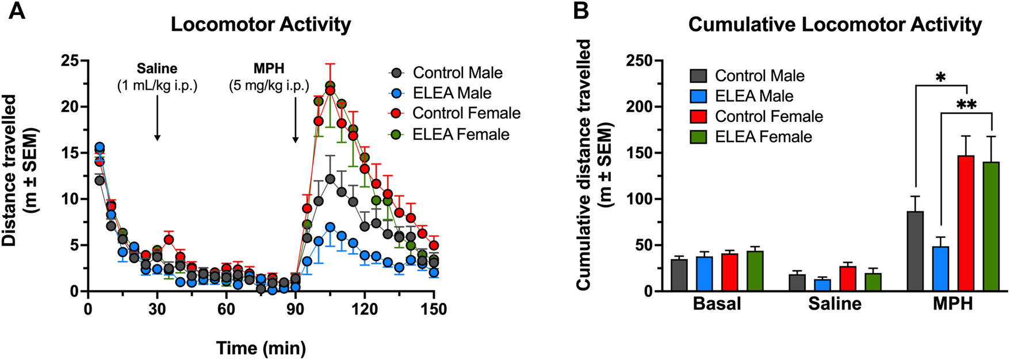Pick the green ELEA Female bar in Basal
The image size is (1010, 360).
point(755,271)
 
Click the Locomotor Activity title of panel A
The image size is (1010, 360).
point(261,25)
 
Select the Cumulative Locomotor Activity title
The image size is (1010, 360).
point(835,25)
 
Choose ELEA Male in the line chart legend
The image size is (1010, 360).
point(452,93)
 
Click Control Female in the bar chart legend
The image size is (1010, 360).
point(768,116)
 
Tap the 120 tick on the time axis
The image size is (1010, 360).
point(365,309)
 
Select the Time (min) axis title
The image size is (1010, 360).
point(261,348)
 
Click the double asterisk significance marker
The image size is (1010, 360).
point(966,105)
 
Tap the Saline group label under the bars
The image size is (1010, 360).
point(835,304)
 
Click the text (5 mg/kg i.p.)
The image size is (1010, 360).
point(269,86)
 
